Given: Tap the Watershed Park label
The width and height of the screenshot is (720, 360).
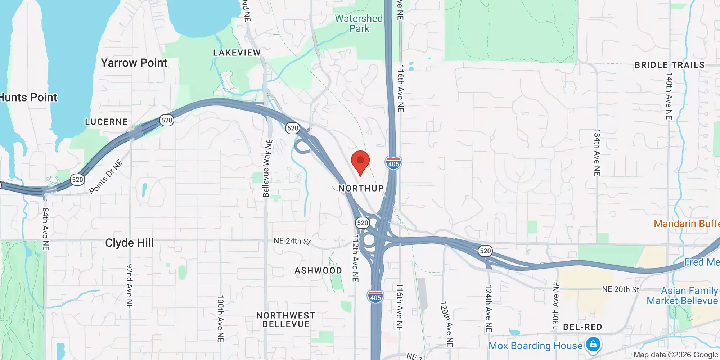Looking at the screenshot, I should (x=359, y=23).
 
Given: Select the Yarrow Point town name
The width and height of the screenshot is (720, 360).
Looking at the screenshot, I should (x=134, y=63).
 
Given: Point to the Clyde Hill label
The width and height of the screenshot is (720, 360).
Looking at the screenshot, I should (x=129, y=243).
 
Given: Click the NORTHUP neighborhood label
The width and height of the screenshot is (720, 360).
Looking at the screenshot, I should (x=361, y=188).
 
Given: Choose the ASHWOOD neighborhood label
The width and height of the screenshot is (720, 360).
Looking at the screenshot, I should (x=318, y=270).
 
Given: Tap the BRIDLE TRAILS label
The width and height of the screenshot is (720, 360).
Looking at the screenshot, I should (x=670, y=65).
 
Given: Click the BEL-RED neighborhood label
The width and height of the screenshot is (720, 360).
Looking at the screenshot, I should (x=582, y=327).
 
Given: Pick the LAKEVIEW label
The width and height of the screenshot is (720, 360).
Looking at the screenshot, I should (x=237, y=53).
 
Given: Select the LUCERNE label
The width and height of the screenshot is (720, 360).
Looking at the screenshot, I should (x=107, y=122).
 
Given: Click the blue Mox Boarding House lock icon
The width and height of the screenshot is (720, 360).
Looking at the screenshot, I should (x=593, y=344).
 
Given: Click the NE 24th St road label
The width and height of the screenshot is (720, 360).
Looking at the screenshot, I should (x=292, y=241).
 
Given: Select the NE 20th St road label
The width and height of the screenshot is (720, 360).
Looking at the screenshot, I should (x=621, y=289).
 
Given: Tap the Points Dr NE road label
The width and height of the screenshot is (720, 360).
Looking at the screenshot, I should (x=106, y=177).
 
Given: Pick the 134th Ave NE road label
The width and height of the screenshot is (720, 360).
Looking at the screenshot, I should (x=597, y=153).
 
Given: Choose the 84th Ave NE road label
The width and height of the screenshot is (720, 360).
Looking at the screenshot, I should (x=46, y=229).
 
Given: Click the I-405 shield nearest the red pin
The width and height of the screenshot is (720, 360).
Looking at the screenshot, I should (x=393, y=163).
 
